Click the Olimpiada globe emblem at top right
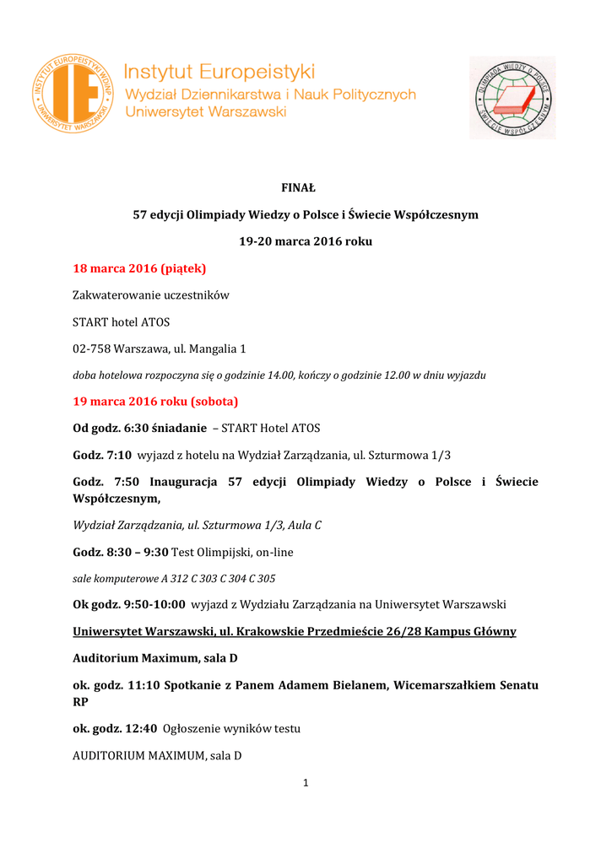[512, 97]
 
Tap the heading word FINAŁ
[306, 187]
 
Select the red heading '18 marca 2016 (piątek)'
[139, 268]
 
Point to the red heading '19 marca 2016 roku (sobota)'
[155, 401]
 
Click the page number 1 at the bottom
[306, 783]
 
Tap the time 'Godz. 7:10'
[102, 455]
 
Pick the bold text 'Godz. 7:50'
[102, 482]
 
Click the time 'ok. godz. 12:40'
[114, 728]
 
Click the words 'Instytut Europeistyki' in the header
[219, 71]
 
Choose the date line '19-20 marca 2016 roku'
[306, 241]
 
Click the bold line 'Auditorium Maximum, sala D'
[149, 658]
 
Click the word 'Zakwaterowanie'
[113, 295]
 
